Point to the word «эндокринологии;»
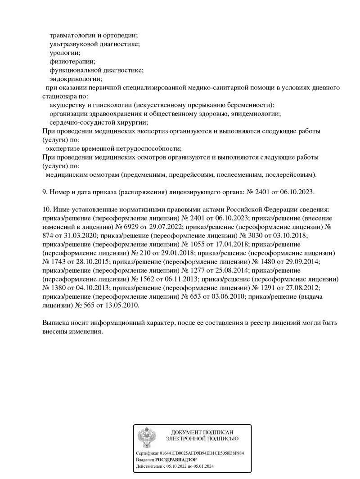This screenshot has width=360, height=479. click(x=76, y=79)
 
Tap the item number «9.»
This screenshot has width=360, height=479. click(x=45, y=192)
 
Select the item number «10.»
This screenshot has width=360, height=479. click(x=46, y=210)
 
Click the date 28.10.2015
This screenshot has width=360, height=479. click(x=90, y=261)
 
